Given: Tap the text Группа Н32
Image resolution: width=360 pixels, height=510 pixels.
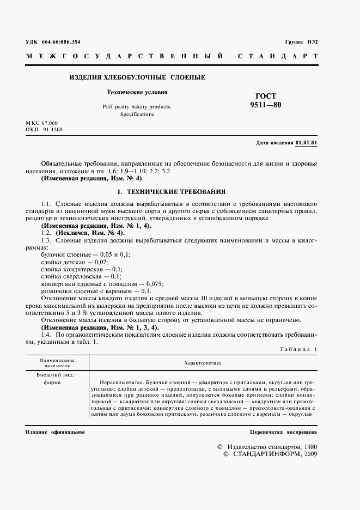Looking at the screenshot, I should coord(301,42).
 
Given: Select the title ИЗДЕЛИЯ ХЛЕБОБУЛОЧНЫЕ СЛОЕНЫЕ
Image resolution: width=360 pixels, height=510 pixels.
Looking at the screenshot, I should coord(137,78).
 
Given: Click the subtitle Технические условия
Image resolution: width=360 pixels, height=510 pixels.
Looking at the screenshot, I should coord(137,93).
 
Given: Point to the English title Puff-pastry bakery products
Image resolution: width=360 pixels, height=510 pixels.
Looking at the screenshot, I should coord(137,107).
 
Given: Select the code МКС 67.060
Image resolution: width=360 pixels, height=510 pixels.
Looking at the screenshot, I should coord(42,123).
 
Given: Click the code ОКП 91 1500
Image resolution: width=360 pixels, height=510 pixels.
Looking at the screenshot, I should coord(44,130).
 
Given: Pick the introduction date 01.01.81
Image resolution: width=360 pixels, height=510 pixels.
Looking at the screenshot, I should coord(307,143).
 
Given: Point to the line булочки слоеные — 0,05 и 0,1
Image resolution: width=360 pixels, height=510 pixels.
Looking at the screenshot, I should coord(86,254).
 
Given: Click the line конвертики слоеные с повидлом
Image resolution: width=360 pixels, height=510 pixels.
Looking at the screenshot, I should coord(102,284).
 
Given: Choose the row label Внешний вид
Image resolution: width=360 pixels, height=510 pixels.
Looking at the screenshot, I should coord(55,375).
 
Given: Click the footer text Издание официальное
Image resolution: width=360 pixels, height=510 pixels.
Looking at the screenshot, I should coord(55,432).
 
